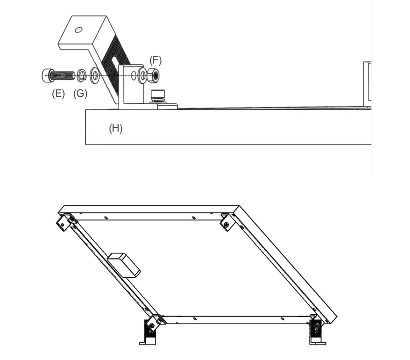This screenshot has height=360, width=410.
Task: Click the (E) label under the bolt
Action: pyautogui.click(x=58, y=94)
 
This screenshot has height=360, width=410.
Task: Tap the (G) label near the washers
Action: pyautogui.click(x=80, y=94)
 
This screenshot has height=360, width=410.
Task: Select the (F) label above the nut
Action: pyautogui.click(x=155, y=60)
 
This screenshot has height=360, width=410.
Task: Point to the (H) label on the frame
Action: pyautogui.click(x=116, y=128)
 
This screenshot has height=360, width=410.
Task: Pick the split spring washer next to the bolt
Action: pyautogui.click(x=82, y=75)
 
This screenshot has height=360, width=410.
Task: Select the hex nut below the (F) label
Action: pyautogui.click(x=153, y=75)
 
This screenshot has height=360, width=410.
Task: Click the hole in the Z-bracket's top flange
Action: pyautogui.click(x=79, y=30)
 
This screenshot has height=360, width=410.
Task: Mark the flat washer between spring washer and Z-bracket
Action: pyautogui.click(x=95, y=75)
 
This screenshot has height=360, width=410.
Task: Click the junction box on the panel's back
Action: pyautogui.click(x=124, y=265)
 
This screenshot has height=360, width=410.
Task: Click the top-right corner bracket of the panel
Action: pyautogui.click(x=227, y=222)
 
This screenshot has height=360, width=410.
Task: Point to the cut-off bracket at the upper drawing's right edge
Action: pyautogui.click(x=367, y=82)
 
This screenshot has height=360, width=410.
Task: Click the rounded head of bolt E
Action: pyautogui.click(x=46, y=75)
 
